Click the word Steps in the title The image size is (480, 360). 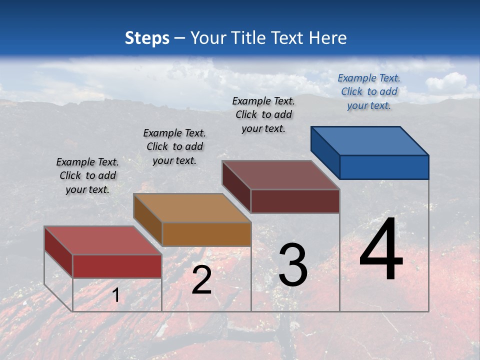147,38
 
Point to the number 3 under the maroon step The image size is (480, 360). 293,265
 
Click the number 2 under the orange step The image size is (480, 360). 201,280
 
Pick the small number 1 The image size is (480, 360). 115,295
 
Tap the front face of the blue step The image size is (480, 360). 384,167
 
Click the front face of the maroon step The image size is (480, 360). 295,201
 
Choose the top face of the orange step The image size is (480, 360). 192,207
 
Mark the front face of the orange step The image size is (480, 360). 206,234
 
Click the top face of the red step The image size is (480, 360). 103,240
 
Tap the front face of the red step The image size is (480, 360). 117,266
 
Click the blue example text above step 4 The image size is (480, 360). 369,92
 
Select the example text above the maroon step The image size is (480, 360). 263,114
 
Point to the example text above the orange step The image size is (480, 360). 174,146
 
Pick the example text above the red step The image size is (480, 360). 87,175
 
